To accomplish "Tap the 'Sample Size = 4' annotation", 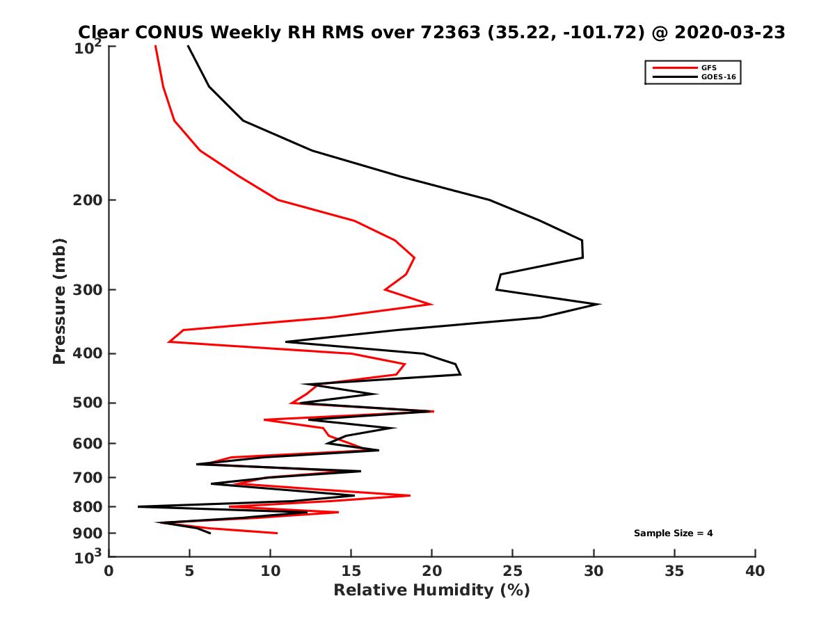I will pos(673,533).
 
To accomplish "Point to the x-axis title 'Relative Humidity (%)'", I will pos(431,591).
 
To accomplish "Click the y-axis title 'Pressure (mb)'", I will pos(59,300).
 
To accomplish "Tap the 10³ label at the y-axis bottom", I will pos(88,556).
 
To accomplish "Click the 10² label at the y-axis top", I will pos(88,48).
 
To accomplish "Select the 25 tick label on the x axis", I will pos(513,572).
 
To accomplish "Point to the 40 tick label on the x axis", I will pos(755,572).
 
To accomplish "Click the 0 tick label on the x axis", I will pos(109,572).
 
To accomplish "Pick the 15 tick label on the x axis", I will pos(351,572).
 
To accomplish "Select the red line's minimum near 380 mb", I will pos(168,342).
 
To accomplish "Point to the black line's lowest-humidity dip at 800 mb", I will pos(138,506).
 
